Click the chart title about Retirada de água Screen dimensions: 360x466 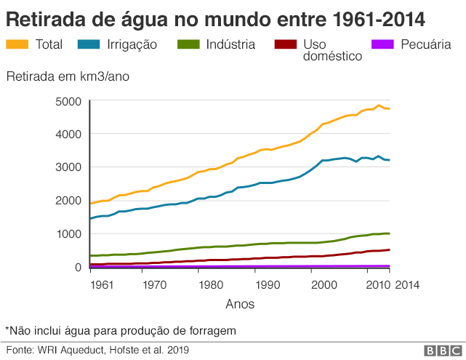(x=216, y=17)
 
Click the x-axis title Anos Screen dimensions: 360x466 (x=240, y=304)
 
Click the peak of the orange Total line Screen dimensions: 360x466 (x=378, y=105)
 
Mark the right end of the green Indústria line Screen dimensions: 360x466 (x=390, y=233)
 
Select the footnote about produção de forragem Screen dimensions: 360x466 (x=121, y=331)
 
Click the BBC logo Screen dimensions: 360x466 (x=438, y=351)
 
